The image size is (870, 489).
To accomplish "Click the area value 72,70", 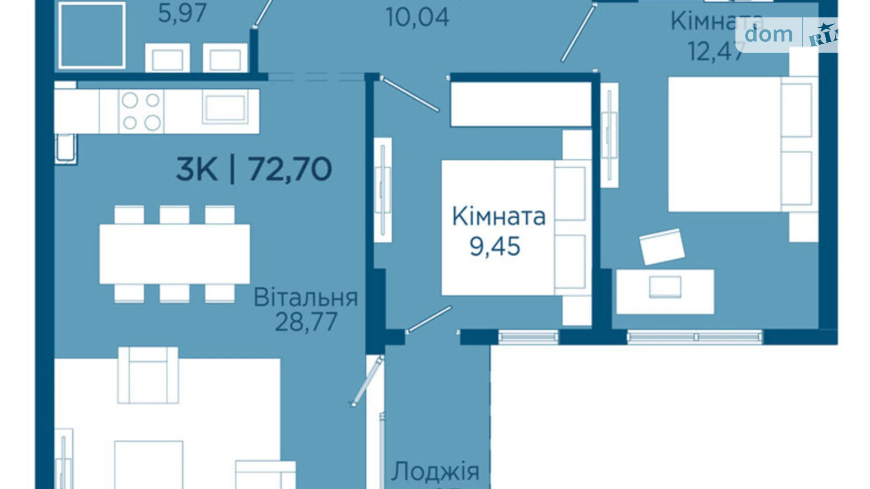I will (x=290, y=169).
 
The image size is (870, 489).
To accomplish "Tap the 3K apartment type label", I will (x=197, y=169).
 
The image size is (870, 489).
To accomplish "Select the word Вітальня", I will (x=306, y=298).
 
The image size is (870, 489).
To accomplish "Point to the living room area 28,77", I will (x=306, y=322).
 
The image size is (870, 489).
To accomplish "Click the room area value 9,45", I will (x=495, y=246).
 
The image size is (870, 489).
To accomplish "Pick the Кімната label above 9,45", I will (x=498, y=216).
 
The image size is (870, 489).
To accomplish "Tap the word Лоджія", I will (x=435, y=471).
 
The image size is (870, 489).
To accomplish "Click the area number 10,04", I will (x=417, y=17).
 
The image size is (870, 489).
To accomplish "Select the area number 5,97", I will (x=182, y=13).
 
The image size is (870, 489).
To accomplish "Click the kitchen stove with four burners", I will (x=141, y=111).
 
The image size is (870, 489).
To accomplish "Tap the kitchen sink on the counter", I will (x=225, y=108).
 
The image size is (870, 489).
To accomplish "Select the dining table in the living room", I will (x=174, y=254).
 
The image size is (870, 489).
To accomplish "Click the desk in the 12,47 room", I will (x=665, y=292).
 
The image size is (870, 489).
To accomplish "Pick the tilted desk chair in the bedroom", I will (x=662, y=246).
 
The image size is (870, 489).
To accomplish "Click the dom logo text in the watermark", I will (x=768, y=34).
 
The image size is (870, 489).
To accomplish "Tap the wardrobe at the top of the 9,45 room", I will (x=521, y=104).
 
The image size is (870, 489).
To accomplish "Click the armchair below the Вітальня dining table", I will (x=148, y=375).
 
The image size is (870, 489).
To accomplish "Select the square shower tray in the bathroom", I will (x=92, y=35).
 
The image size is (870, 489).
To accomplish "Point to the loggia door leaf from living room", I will (x=367, y=381).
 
